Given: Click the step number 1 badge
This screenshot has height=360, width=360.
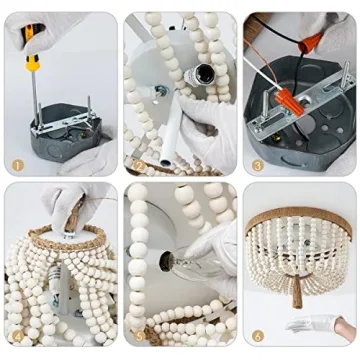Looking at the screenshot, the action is pos(18,165).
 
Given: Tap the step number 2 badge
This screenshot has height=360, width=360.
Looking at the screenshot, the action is pos(139,165).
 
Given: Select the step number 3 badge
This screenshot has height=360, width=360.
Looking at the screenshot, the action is pos(258,165).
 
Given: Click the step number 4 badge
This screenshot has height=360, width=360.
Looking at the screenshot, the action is pos(18,336).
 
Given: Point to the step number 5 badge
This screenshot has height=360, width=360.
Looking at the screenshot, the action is pos(139,336).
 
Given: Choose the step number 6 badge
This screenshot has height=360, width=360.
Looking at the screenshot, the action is pos(258,336).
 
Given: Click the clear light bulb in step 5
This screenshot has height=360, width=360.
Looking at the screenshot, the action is pos(190,263).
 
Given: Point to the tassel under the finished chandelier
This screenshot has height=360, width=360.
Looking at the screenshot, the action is pos(297,290).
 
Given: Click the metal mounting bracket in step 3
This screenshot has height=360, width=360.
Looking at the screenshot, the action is pos(300,103).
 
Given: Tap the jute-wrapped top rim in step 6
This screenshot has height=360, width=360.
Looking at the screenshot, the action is pos(298,213).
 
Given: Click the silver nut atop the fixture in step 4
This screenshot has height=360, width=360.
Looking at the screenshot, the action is pos(69,235).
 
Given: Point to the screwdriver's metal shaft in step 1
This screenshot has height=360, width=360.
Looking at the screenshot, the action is pos(35,97).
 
